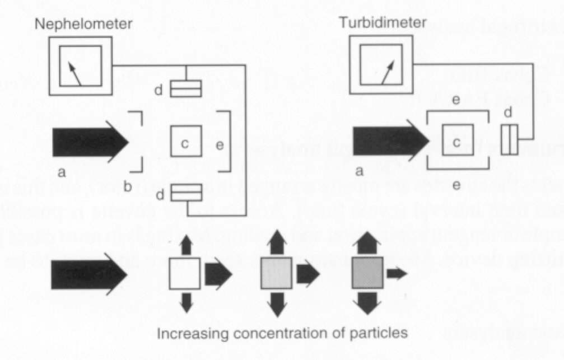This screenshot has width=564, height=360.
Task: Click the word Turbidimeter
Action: pyautogui.click(x=383, y=22)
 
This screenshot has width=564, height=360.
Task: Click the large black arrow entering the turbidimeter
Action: pyautogui.click(x=389, y=140)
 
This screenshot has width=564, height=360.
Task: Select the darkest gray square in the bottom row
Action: pyautogui.click(x=367, y=273)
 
